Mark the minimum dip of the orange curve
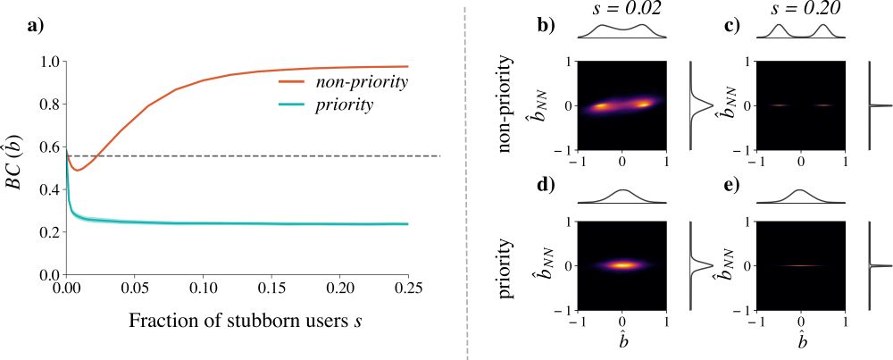[x=78, y=170]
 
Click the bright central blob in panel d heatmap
[x=624, y=264]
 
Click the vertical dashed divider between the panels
[x=467, y=179]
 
